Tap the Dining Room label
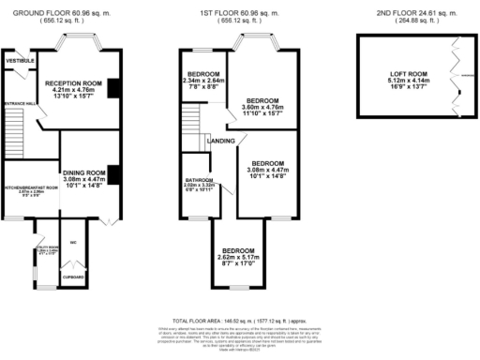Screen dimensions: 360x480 coord(83,172)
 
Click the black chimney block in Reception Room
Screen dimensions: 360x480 coord(113,87)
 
